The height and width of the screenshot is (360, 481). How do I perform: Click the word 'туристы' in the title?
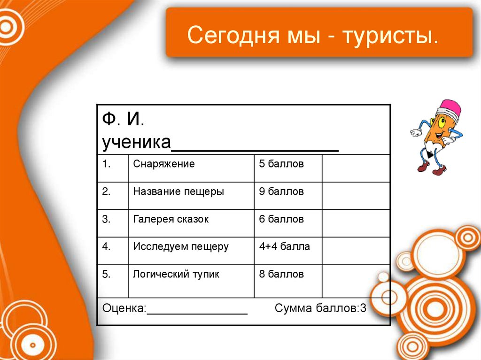tap(390, 36)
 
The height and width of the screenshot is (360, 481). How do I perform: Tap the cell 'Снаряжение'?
tap(164, 164)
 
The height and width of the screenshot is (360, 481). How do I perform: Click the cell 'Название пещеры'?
tap(178, 191)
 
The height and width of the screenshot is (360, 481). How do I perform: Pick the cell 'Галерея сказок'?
tap(171, 219)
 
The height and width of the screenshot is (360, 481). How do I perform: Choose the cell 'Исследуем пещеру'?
tap(181, 246)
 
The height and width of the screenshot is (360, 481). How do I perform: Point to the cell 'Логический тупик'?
tap(176, 274)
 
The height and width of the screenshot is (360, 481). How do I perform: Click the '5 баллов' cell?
tap(281, 164)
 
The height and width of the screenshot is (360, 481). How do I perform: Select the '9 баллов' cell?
tap(281, 191)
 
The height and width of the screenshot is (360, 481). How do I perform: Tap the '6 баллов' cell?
tap(281, 219)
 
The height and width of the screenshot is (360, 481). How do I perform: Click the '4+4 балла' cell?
tap(284, 246)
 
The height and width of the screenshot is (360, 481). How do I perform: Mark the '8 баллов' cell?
tap(281, 274)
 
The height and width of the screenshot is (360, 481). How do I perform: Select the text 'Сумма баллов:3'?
tap(320, 308)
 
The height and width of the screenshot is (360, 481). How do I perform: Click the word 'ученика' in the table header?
tap(136, 142)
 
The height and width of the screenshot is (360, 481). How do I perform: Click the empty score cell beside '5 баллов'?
tap(356, 168)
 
